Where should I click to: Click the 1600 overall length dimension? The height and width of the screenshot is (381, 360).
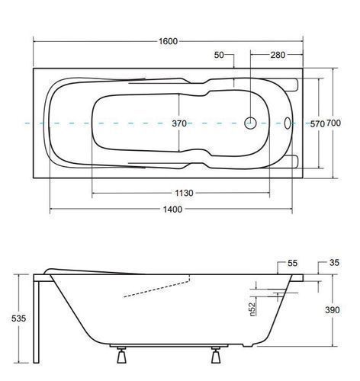[168, 41]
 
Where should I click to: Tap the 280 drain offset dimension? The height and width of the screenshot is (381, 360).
[278, 55]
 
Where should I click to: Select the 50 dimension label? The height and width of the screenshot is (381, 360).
[219, 55]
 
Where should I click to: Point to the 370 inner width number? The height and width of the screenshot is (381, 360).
[179, 123]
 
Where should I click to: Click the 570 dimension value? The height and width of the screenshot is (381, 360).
[317, 124]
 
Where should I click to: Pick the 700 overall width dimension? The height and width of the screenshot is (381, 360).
[333, 123]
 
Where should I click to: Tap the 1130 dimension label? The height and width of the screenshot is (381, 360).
[184, 194]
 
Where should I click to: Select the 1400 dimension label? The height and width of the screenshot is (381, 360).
[172, 210]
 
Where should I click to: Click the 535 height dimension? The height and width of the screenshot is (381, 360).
[18, 319]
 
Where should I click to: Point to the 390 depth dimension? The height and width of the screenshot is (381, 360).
[333, 310]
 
